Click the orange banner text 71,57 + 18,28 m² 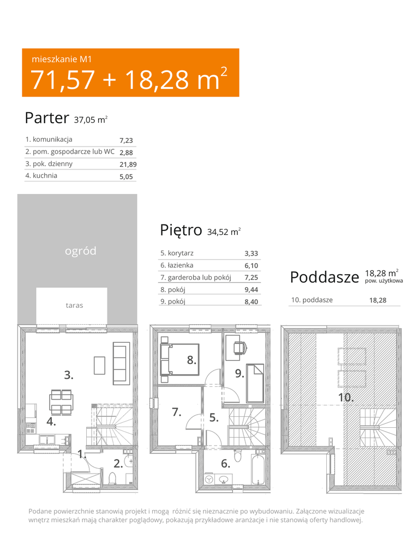pyautogui.click(x=129, y=78)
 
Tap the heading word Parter pyautogui.click(x=47, y=118)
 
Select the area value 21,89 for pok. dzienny pyautogui.click(x=128, y=165)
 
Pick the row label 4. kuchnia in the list pyautogui.click(x=41, y=175)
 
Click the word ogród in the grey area pyautogui.click(x=81, y=251)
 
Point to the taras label pyautogui.click(x=74, y=305)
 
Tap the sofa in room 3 pyautogui.click(x=121, y=363)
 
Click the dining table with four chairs pyautogui.click(x=61, y=402)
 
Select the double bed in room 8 pyautogui.click(x=179, y=359)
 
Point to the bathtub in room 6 pyautogui.click(x=258, y=468)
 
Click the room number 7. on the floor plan pyautogui.click(x=177, y=412)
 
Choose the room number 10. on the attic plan pyautogui.click(x=345, y=397)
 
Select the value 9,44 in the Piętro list pyautogui.click(x=251, y=290)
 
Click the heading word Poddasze pyautogui.click(x=325, y=277)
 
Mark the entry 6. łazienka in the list pyautogui.click(x=177, y=265)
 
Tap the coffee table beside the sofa pyautogui.click(x=99, y=366)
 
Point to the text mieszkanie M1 pyautogui.click(x=62, y=59)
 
